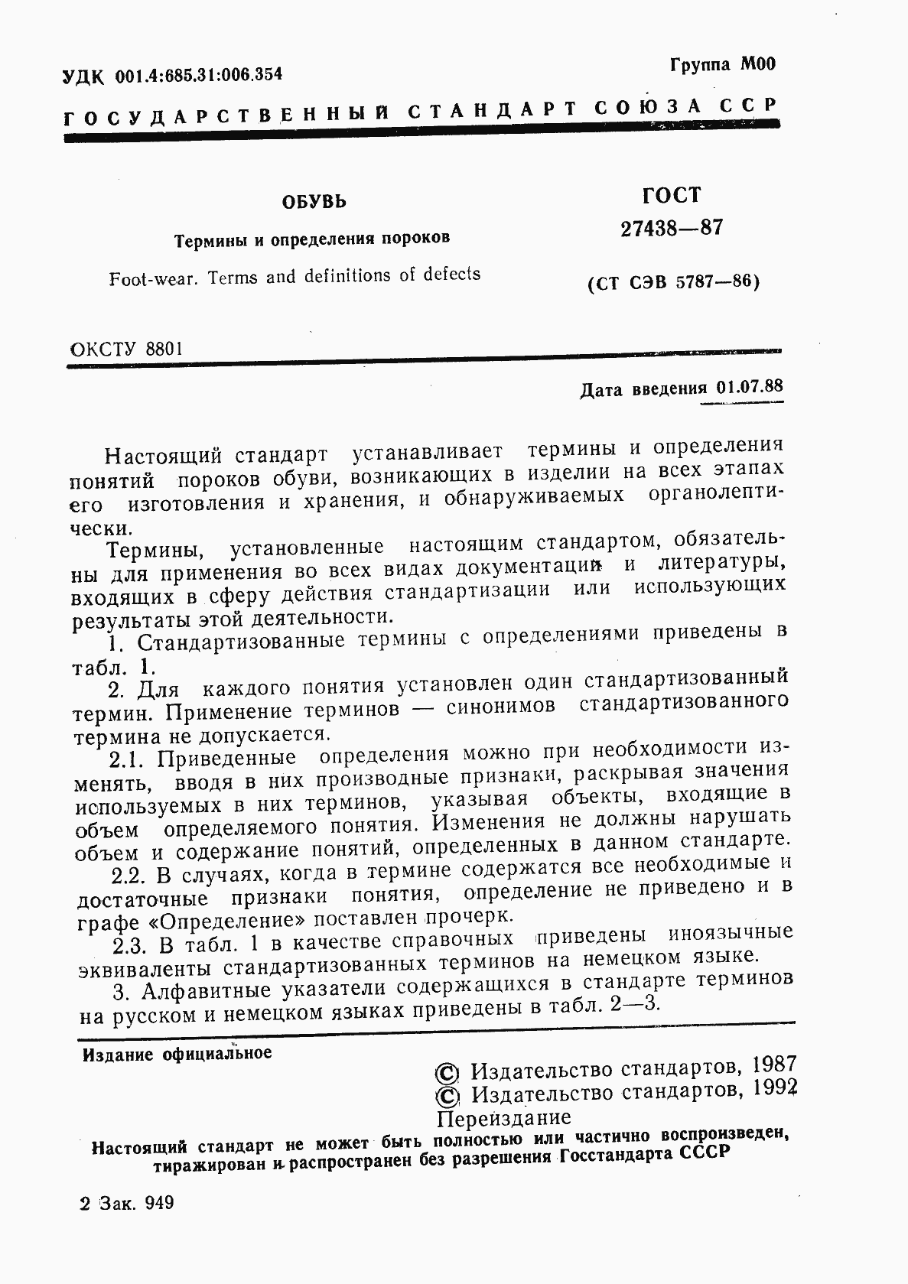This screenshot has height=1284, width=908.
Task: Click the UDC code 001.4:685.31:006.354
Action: [x=198, y=74]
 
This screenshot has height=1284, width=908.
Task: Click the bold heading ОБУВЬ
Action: [x=314, y=203]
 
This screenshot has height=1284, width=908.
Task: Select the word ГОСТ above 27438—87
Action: [x=672, y=196]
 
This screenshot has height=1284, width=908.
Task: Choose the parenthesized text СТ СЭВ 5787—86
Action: [x=672, y=283]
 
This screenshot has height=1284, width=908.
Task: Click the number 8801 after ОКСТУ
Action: [x=162, y=349]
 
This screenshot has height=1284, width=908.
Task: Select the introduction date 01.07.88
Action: [x=750, y=386]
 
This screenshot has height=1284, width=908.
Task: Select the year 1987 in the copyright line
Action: [x=774, y=1065]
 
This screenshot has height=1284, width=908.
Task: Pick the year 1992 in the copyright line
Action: [x=775, y=1089]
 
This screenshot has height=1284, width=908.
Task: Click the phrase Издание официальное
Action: [x=177, y=1054]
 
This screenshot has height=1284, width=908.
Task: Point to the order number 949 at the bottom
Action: [x=158, y=1203]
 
